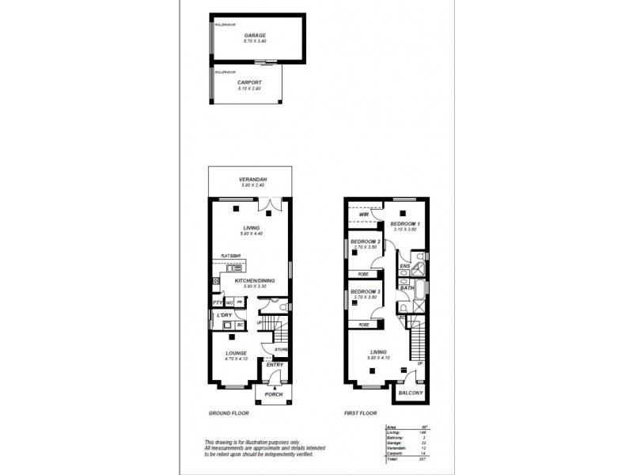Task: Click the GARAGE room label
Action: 255,36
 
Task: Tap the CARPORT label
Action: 249,82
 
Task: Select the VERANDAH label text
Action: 252,180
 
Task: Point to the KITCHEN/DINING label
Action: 254,281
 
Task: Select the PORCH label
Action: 274,393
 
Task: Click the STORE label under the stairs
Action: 280,349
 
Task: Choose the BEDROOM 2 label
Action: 366,241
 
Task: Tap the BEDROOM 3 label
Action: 366,291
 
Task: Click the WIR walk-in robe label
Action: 363,215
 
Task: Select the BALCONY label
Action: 412,393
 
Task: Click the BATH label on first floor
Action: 407,288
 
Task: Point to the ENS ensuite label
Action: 404,267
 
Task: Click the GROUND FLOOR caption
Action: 229,413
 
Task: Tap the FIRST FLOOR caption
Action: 361,413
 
